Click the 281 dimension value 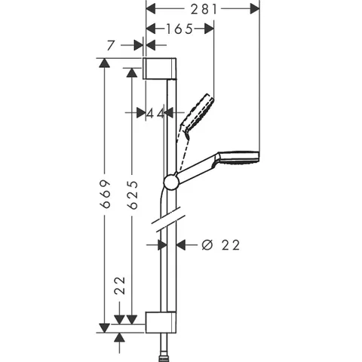(204, 10)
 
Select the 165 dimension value (179, 29)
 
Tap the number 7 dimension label (111, 45)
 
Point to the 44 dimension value (155, 114)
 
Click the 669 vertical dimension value (106, 194)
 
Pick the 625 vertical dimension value (133, 195)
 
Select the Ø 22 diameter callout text (221, 245)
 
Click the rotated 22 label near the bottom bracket (120, 286)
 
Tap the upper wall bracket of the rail (160, 69)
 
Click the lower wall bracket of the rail (161, 322)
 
